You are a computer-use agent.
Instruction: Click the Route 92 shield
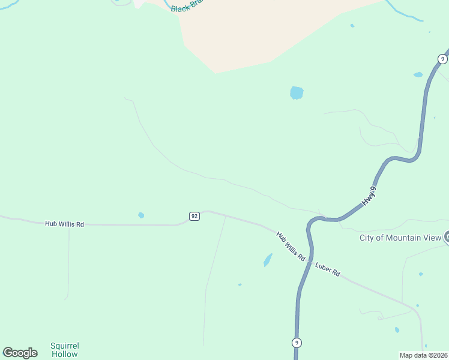[x=194, y=216]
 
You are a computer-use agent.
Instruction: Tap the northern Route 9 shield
[x=442, y=59]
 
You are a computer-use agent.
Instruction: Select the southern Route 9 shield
[x=297, y=343]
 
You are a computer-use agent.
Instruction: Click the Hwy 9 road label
[x=370, y=197]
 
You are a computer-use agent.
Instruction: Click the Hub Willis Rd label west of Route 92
[x=64, y=224]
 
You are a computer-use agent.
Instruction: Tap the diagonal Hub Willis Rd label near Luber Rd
[x=291, y=246]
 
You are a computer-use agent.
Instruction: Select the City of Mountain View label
[x=400, y=238]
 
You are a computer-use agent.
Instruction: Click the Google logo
[x=20, y=353]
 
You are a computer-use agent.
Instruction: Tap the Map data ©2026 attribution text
[x=423, y=355]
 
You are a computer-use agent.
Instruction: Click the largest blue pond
[x=297, y=92]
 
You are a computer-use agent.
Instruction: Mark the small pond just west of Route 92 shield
[x=141, y=215]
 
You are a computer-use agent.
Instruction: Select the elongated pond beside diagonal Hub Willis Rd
[x=267, y=260]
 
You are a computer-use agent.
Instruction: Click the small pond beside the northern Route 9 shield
[x=418, y=74]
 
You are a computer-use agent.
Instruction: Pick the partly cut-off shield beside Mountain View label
[x=447, y=237]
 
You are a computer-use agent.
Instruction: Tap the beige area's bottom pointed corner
[x=215, y=73]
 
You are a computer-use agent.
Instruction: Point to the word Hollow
[x=64, y=354]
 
